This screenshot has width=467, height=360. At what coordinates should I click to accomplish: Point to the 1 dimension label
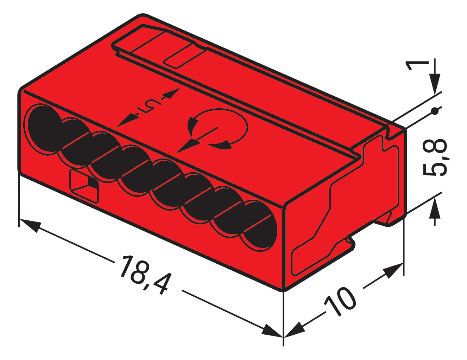[x=417, y=65]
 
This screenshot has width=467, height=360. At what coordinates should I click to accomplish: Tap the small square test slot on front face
[x=84, y=185]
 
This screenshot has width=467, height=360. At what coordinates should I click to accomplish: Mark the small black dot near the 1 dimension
[x=435, y=112]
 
